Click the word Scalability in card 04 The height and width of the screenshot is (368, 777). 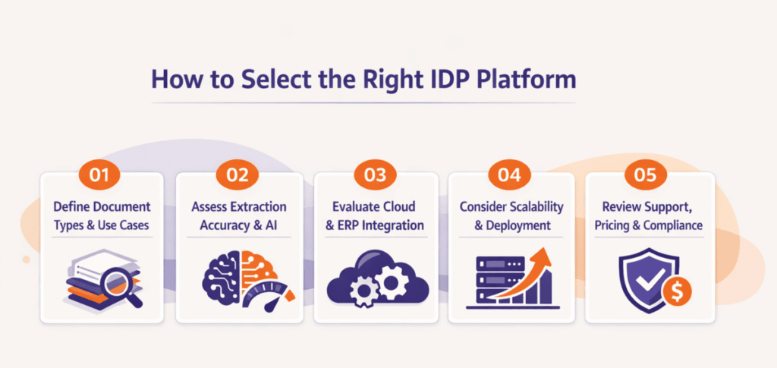point(536,207)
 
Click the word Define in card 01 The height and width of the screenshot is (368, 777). point(74,207)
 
